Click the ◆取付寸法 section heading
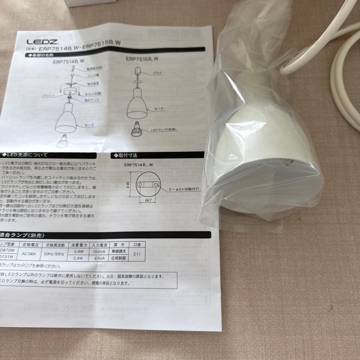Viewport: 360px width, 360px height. tap(126, 155)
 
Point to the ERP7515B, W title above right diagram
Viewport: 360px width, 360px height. tap(142, 59)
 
